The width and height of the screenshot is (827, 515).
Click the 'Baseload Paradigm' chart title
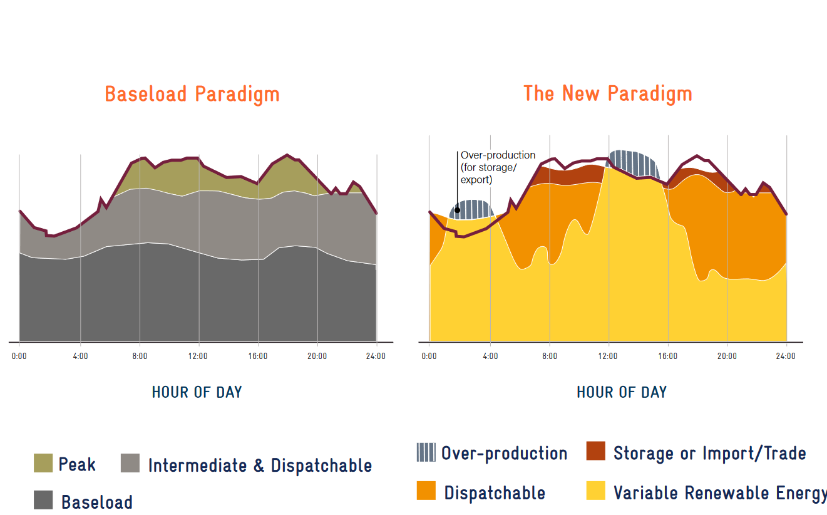[x=192, y=94]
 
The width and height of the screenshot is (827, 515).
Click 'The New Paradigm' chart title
[x=608, y=94]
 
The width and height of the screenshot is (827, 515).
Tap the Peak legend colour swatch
[x=43, y=463]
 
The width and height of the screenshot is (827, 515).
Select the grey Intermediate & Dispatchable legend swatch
[x=130, y=463]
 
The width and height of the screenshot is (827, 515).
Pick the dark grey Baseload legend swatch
[x=43, y=500]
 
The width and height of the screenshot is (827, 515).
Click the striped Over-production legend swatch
[x=426, y=452]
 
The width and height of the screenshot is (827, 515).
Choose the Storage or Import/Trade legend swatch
[x=596, y=450]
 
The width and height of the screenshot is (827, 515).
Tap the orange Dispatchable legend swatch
[x=426, y=491]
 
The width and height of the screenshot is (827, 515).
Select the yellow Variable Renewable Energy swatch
[x=596, y=491]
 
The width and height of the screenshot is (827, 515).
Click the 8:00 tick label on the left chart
[x=140, y=356]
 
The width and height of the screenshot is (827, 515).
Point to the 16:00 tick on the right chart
[x=667, y=356]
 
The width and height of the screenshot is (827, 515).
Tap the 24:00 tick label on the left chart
[x=376, y=356]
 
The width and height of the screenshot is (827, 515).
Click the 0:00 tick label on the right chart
[x=429, y=356]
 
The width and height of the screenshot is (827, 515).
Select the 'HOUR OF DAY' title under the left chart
[x=197, y=392]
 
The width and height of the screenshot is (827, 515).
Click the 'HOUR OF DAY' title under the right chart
[x=622, y=392]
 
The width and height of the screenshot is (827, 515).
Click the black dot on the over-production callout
[x=458, y=211]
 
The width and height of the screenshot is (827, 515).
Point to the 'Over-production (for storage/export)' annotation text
[x=498, y=167]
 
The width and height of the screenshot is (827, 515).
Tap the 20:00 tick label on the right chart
[x=727, y=356]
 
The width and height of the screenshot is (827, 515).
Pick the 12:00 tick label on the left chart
[x=198, y=356]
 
